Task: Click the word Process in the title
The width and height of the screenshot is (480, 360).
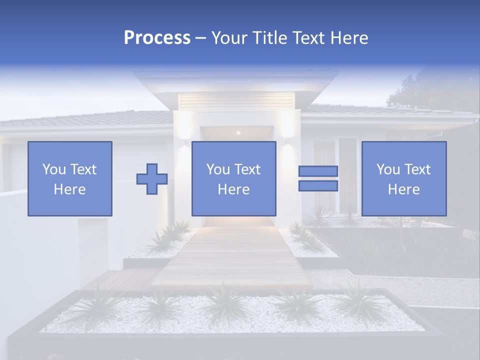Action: click(x=157, y=38)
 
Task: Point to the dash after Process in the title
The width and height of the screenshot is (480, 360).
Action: click(x=201, y=38)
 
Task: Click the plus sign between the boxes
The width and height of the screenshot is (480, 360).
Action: click(x=152, y=179)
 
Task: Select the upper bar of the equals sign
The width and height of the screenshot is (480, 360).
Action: click(x=318, y=171)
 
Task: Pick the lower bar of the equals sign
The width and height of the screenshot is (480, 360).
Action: click(x=318, y=185)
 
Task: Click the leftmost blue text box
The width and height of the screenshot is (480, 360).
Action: click(x=69, y=178)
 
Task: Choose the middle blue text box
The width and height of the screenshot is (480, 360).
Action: click(x=233, y=178)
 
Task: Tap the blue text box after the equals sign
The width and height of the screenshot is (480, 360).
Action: click(x=403, y=178)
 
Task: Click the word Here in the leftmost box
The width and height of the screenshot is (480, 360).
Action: click(x=69, y=189)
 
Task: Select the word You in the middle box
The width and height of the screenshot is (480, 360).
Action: click(x=218, y=169)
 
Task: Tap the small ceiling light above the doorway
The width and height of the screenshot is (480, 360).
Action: click(x=238, y=132)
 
